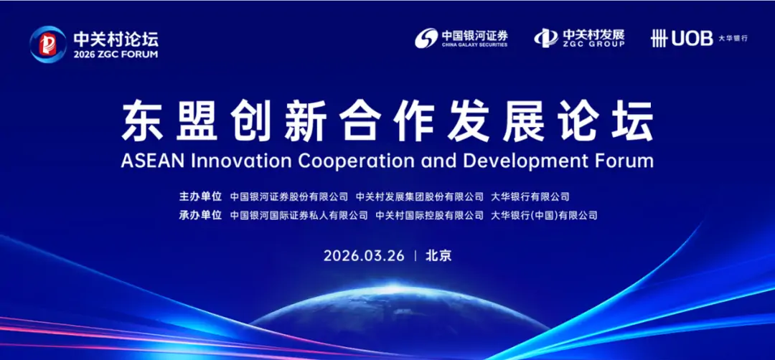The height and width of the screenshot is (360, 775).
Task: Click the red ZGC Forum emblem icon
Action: click(48, 44)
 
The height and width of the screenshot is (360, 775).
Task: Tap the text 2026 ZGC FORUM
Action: click(116, 55)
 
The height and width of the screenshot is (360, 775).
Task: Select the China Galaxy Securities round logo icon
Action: click(426, 38)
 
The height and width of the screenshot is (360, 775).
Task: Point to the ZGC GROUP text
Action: click(593, 44)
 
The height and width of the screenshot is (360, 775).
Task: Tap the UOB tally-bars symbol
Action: click(659, 38)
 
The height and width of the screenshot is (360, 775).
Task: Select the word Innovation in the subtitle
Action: click(238, 161)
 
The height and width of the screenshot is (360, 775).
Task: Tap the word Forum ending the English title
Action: click(624, 161)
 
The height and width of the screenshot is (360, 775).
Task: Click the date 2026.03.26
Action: click(365, 256)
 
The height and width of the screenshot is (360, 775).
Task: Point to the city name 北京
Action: click(438, 256)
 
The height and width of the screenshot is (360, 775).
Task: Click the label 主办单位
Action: click(200, 196)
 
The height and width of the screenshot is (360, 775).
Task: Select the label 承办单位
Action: click(200, 215)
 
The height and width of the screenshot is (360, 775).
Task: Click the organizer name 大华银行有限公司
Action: click(530, 196)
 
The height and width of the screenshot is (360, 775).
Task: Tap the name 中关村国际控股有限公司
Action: click(429, 215)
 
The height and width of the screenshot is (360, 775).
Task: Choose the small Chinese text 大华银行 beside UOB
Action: click(733, 39)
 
